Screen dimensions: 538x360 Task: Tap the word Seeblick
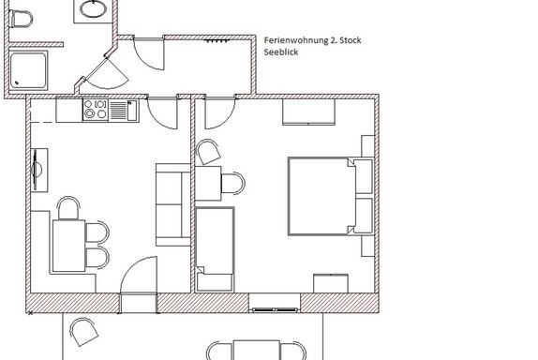[x=281, y=52]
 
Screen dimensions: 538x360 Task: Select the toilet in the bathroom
[x=21, y=18]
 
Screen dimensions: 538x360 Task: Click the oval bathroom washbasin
[x=94, y=8]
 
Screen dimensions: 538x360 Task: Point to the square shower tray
[x=28, y=70]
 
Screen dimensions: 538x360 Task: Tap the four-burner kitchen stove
[x=96, y=110]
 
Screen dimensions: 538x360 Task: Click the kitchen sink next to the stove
[x=124, y=111]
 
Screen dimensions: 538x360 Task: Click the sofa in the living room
[x=172, y=204]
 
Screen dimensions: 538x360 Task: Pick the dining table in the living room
[x=69, y=246]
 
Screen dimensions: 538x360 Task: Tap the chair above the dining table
[x=68, y=208]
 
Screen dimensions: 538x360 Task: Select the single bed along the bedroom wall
[x=215, y=249]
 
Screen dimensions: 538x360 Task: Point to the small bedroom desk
[x=208, y=183]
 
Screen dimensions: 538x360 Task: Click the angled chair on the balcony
[x=83, y=332]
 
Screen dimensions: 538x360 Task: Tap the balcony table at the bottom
[x=256, y=350]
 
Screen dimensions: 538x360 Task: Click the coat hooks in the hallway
[x=217, y=41]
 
